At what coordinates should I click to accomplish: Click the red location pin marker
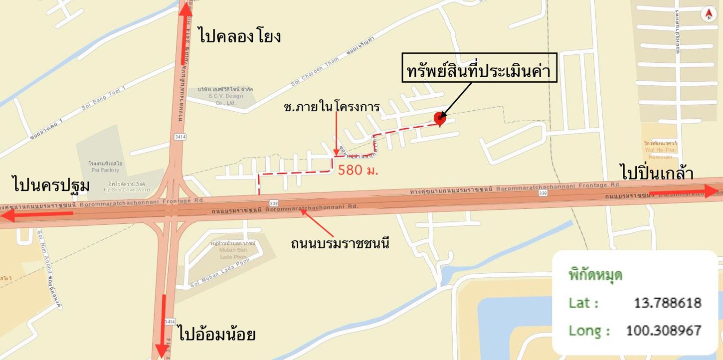click(x=439, y=118)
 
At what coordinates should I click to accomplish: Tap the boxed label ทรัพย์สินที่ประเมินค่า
click(x=479, y=71)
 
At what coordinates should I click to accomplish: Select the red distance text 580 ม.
click(x=358, y=170)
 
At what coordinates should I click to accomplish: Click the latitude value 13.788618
click(x=667, y=303)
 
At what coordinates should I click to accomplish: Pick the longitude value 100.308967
click(x=663, y=330)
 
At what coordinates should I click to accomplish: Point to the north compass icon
click(x=709, y=14)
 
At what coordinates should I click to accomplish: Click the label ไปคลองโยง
click(x=239, y=36)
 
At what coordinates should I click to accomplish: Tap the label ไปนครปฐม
click(x=51, y=185)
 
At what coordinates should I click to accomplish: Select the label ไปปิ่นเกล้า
click(x=657, y=173)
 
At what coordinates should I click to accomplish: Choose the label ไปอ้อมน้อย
click(x=216, y=334)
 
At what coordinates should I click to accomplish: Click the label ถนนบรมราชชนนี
click(x=340, y=243)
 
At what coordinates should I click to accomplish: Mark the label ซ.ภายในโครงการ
click(x=331, y=107)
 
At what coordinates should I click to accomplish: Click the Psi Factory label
click(x=105, y=167)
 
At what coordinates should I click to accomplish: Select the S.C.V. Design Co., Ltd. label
click(x=225, y=96)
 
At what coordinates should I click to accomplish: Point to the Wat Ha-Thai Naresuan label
click(x=660, y=150)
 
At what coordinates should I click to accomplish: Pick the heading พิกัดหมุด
click(x=595, y=275)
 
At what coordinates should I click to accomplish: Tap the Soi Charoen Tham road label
click(x=315, y=73)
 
